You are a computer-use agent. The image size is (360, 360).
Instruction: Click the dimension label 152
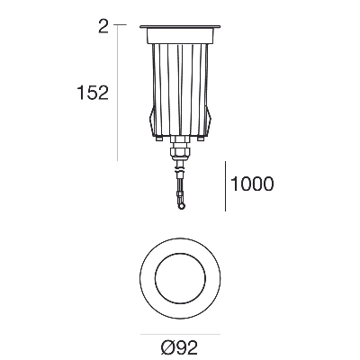(93, 93)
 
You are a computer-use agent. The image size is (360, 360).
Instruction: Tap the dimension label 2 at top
(103, 27)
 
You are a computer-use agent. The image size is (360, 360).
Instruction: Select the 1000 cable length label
(252, 184)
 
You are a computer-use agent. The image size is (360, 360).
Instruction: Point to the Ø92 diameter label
(179, 348)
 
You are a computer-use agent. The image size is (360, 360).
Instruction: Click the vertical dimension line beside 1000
(225, 186)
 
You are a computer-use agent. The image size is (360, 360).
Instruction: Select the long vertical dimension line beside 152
(117, 93)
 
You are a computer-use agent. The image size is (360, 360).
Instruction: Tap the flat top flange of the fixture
(180, 27)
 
